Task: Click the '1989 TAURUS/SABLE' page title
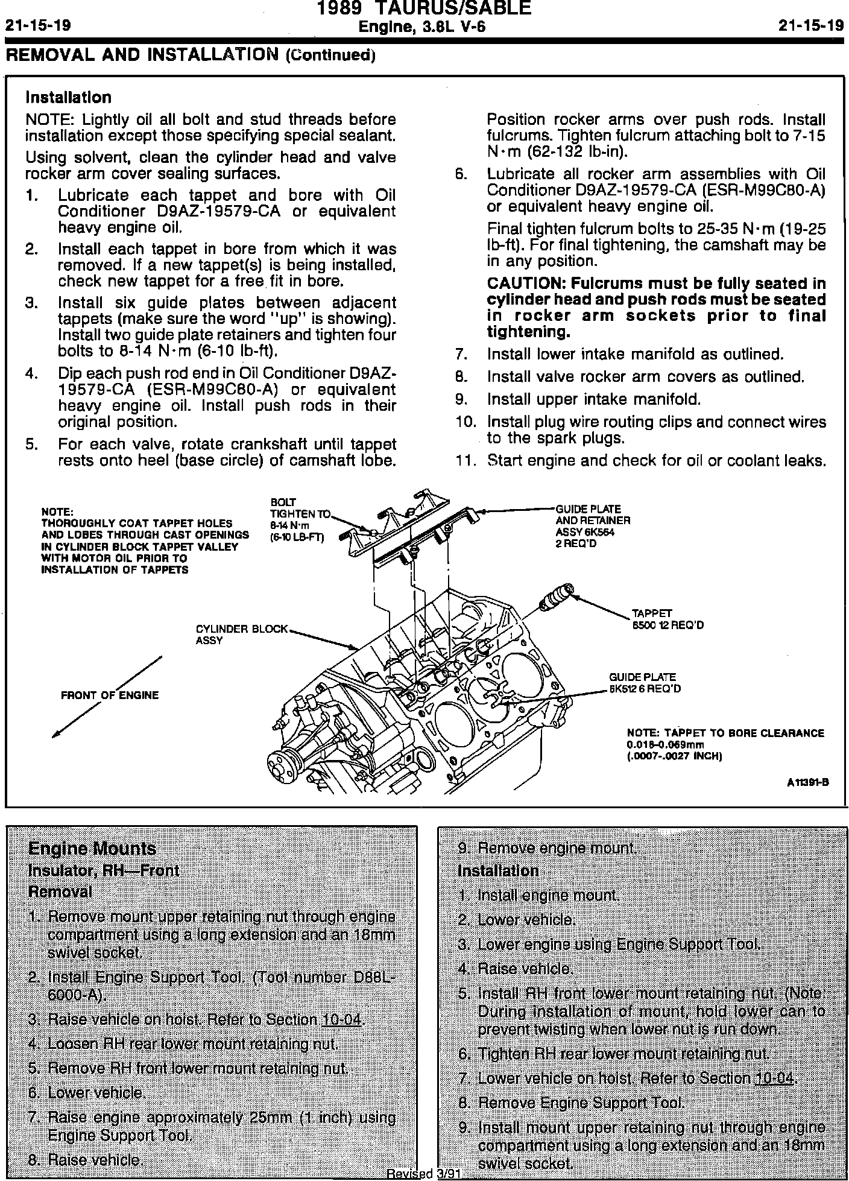424,8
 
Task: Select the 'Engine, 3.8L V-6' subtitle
422,27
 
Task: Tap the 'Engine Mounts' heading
92,849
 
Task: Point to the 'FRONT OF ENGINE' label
110,695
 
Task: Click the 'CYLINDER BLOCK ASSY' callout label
242,635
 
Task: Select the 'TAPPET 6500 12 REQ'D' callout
668,619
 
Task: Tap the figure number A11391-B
808,782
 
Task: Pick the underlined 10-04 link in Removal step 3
342,1020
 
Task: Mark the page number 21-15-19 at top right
811,27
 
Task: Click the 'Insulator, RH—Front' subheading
104,870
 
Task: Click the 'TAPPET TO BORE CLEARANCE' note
725,733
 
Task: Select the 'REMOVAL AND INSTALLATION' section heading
144,55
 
